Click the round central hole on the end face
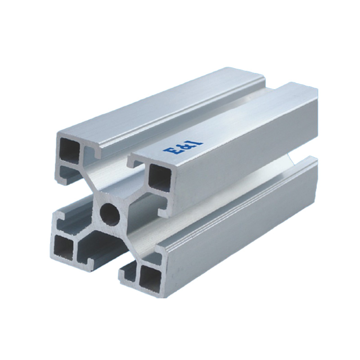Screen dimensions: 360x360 coord(110,213)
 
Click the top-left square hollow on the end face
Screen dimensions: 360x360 coord(69,149)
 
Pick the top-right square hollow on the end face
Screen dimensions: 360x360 coord(160,176)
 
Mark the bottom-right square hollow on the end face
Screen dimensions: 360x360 coord(150,278)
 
